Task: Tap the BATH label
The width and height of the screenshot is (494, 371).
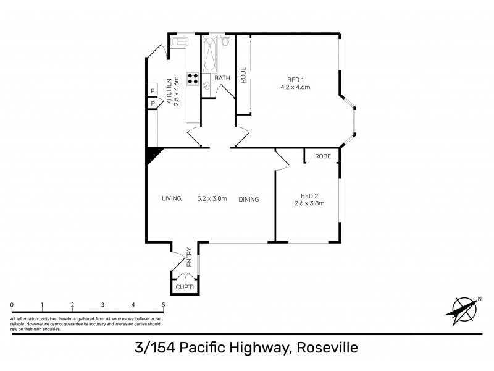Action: [x=222, y=79]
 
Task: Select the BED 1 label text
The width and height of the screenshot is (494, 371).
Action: [x=295, y=79]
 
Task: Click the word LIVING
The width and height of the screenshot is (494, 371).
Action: [x=172, y=199]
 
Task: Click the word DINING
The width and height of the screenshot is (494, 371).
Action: [x=248, y=199]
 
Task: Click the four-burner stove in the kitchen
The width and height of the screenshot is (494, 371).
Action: [x=192, y=79]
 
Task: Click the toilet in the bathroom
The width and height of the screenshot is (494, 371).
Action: [x=225, y=41]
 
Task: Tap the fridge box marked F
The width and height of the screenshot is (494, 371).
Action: [x=152, y=92]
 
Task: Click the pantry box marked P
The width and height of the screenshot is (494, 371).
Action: [x=152, y=104]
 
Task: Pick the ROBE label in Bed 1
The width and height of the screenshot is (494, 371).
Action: [x=243, y=75]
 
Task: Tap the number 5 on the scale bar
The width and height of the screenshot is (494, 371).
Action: [x=164, y=305]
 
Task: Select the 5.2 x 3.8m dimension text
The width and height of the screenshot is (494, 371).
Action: [x=212, y=199]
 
